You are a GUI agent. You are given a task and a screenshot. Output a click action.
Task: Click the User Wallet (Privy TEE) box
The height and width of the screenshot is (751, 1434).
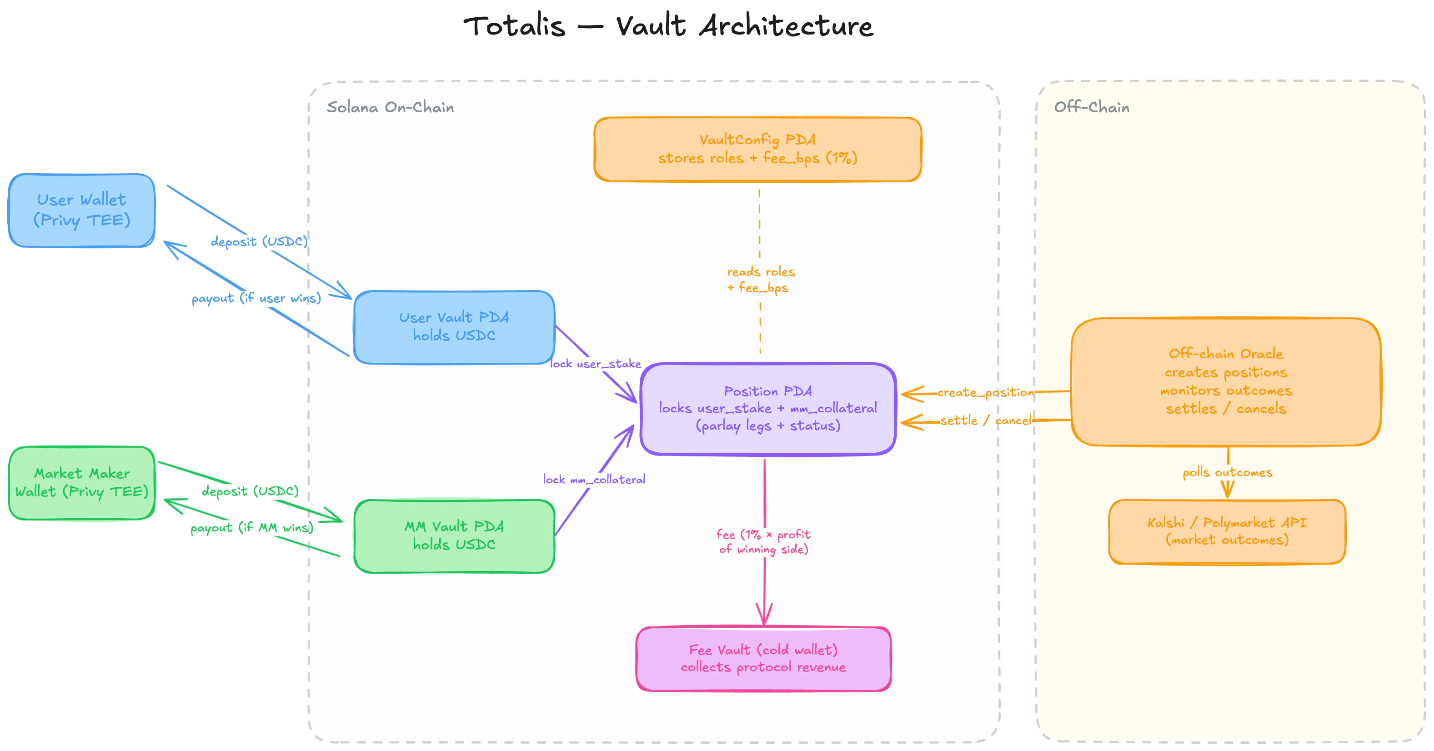tap(82, 210)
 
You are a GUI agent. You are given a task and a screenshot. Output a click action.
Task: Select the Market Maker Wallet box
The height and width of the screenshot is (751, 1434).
tap(82, 483)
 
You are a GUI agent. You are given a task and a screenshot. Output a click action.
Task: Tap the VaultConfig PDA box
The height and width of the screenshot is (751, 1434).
tap(757, 149)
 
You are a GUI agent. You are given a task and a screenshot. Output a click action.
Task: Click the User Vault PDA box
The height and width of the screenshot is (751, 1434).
tap(454, 327)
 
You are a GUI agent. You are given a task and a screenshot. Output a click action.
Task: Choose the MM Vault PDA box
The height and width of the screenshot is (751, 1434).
tap(454, 536)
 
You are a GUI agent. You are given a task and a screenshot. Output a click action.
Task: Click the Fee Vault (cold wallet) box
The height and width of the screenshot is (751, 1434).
tap(763, 659)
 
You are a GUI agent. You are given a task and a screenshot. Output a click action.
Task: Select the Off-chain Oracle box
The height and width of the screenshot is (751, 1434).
tap(1225, 381)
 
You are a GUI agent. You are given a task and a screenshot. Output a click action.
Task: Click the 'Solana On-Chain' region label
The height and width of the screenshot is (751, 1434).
tap(390, 107)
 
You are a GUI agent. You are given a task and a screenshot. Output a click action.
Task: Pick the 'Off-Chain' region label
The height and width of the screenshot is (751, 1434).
tap(1091, 107)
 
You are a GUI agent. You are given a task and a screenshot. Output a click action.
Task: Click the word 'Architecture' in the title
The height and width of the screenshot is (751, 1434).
tap(786, 26)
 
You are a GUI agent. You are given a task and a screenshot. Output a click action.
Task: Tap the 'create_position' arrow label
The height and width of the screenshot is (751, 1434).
tap(985, 392)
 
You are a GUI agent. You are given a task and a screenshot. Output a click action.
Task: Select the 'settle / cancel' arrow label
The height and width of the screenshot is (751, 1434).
tap(985, 421)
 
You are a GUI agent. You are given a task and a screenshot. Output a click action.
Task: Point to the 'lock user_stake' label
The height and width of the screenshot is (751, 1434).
tap(595, 364)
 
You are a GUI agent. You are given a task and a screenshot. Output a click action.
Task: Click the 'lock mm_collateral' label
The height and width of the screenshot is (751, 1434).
tap(594, 479)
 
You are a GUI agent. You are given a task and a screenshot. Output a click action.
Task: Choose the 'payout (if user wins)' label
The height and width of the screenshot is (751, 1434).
tap(256, 298)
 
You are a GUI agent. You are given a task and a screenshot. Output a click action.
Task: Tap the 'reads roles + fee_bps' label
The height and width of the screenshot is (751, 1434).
tap(761, 280)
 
